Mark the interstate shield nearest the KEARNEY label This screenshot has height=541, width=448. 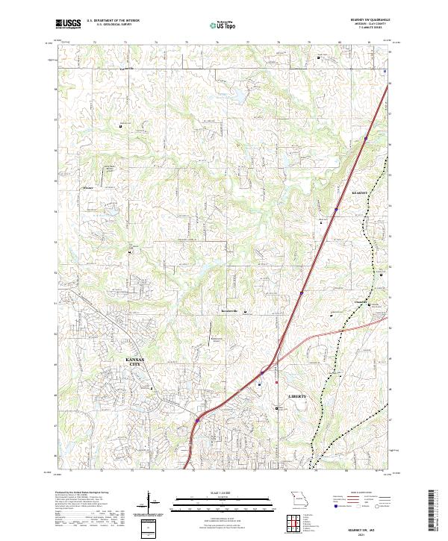[x=336, y=210]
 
